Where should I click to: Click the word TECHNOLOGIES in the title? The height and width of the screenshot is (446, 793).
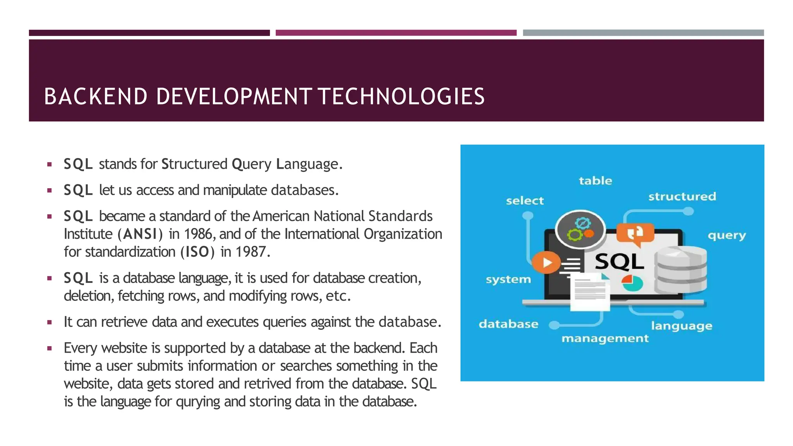[x=402, y=96]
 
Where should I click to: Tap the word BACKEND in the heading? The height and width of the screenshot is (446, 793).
[x=96, y=96]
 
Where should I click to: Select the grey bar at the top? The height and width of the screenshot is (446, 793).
[x=643, y=33]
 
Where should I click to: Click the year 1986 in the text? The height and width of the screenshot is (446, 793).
[x=198, y=234]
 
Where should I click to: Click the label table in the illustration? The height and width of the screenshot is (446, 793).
[x=596, y=181]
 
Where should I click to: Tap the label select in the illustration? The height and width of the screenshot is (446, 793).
[x=525, y=201]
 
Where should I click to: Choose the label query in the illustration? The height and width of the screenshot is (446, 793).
[x=727, y=235]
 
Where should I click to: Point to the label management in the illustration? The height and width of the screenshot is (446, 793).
[x=605, y=338]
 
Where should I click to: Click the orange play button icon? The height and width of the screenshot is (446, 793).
[x=546, y=262]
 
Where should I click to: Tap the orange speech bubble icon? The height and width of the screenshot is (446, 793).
[x=635, y=233]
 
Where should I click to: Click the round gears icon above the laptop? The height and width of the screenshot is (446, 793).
[x=580, y=230]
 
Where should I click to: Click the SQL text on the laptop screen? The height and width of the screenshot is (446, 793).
[x=620, y=262]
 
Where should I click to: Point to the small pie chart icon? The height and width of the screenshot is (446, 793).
[x=632, y=283]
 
